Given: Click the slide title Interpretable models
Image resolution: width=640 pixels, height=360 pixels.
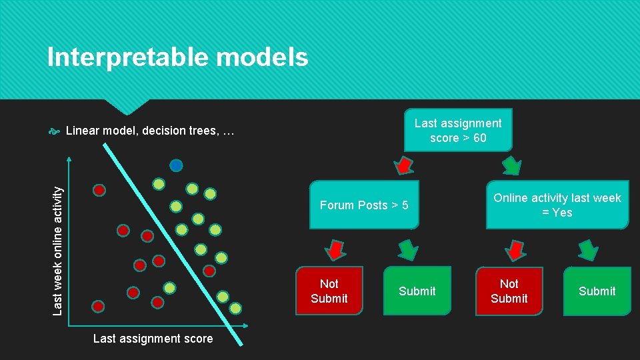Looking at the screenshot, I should point(177,57).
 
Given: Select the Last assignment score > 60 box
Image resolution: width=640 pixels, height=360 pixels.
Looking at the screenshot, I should point(458,130).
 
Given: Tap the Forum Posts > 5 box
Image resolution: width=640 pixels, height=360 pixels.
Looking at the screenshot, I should point(364,205).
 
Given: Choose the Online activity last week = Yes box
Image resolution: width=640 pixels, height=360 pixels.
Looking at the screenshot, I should point(557,205).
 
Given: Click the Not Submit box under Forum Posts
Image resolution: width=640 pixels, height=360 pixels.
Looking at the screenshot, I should point(329,291).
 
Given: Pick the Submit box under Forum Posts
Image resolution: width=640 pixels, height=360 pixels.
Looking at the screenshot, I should point(417,291).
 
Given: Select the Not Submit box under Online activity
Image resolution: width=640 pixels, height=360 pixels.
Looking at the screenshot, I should point(509,291).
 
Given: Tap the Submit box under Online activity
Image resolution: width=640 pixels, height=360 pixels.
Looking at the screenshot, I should point(597,291).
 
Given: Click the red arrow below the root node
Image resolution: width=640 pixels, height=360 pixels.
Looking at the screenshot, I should point(403,165).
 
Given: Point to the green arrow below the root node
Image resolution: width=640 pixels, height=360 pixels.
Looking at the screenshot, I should point(511,165).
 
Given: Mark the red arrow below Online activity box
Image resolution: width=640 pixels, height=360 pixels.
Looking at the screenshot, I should point(515,249).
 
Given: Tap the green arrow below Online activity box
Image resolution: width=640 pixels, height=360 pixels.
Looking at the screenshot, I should point(587,250).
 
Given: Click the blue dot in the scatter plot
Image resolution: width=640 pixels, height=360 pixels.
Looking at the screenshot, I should point(176,165).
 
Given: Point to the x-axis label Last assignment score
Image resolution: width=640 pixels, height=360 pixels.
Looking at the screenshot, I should point(153,339).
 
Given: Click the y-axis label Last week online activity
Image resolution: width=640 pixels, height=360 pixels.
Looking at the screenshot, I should point(58,250).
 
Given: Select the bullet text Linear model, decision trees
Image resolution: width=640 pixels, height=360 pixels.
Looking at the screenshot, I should point(151,131).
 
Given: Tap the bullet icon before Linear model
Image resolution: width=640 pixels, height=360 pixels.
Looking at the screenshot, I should point(55,131).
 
